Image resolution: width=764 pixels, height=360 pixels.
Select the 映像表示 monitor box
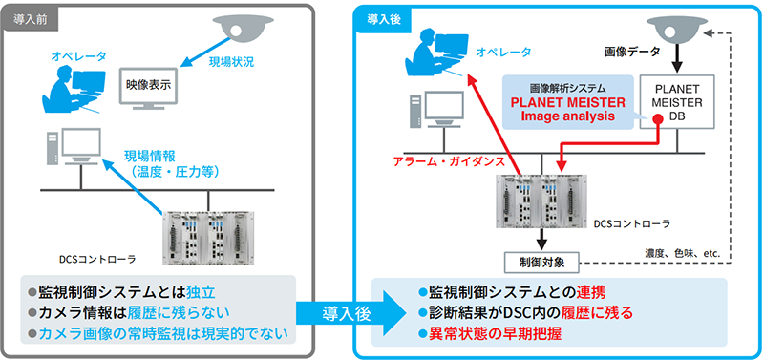[148, 86]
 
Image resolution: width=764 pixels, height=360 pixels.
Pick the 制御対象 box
[541, 263]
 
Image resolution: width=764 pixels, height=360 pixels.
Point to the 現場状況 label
[232, 62]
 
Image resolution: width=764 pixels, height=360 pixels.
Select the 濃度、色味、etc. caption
[682, 253]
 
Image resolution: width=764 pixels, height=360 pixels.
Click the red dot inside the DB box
[657, 118]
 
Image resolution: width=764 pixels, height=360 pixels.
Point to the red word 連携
[591, 293]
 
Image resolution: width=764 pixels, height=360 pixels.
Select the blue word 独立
[201, 292]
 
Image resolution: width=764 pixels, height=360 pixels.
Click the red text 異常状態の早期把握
[495, 333]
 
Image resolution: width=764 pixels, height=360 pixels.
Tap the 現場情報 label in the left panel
[145, 157]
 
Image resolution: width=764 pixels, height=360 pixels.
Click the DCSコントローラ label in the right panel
[632, 223]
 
